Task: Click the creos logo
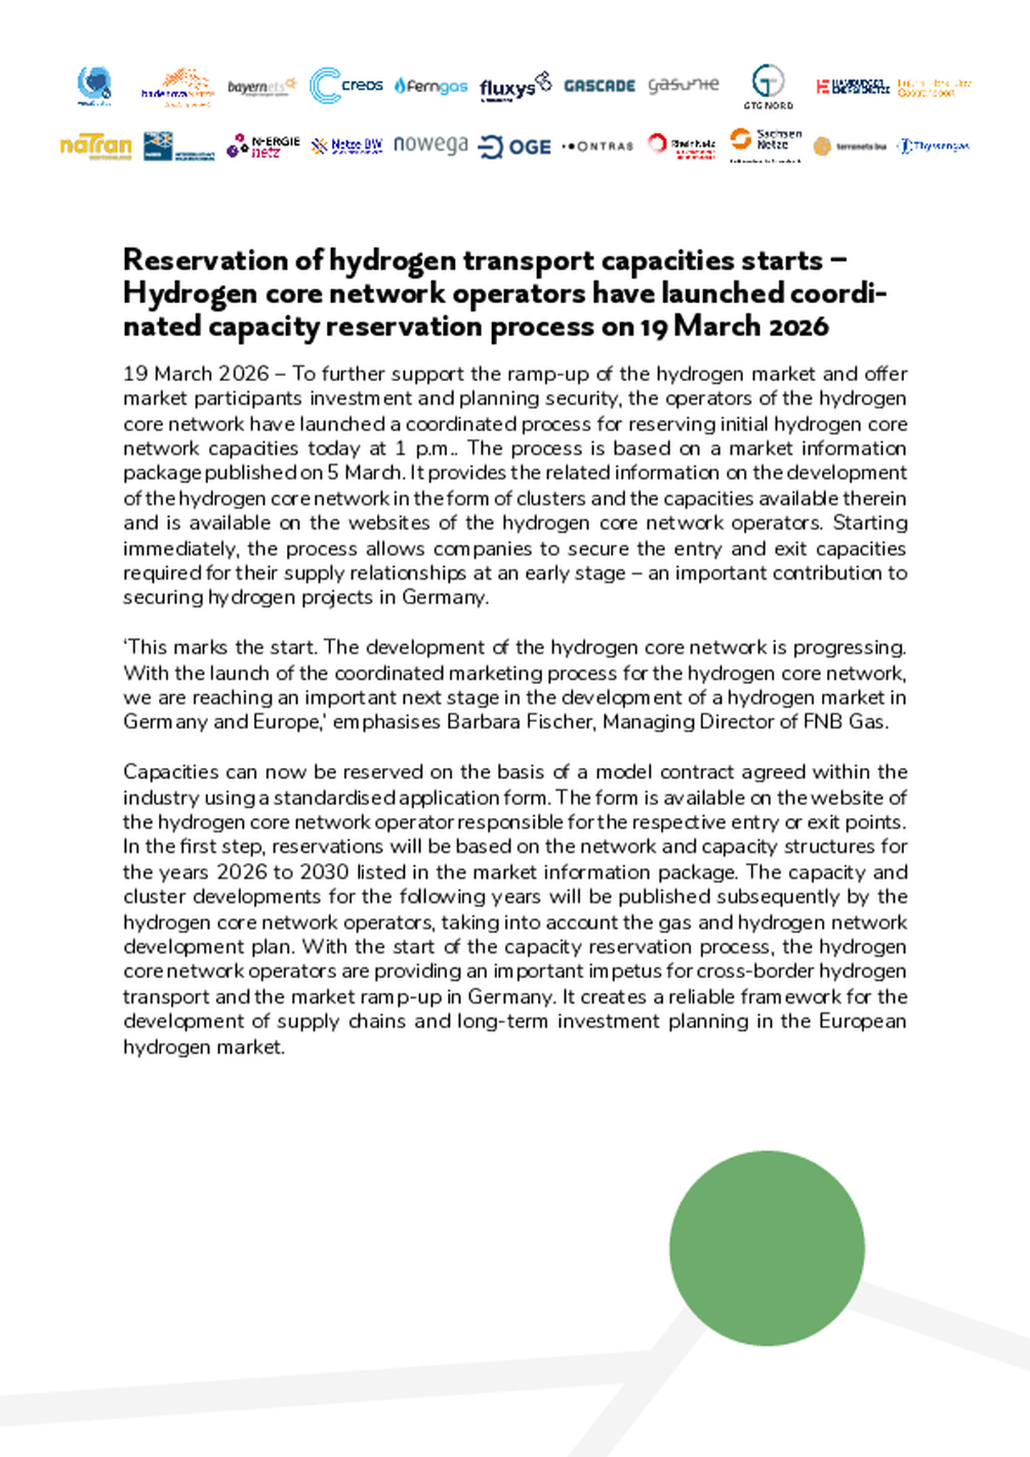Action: (345, 86)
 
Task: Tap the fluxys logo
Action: (515, 87)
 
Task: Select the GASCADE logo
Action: (599, 86)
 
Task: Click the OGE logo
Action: (514, 147)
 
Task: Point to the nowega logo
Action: (431, 144)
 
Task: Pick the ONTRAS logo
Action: (598, 147)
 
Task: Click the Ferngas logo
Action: (431, 87)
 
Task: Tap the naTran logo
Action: (96, 146)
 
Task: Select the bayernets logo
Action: (262, 87)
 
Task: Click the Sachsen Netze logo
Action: (765, 142)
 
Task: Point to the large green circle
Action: (767, 1248)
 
